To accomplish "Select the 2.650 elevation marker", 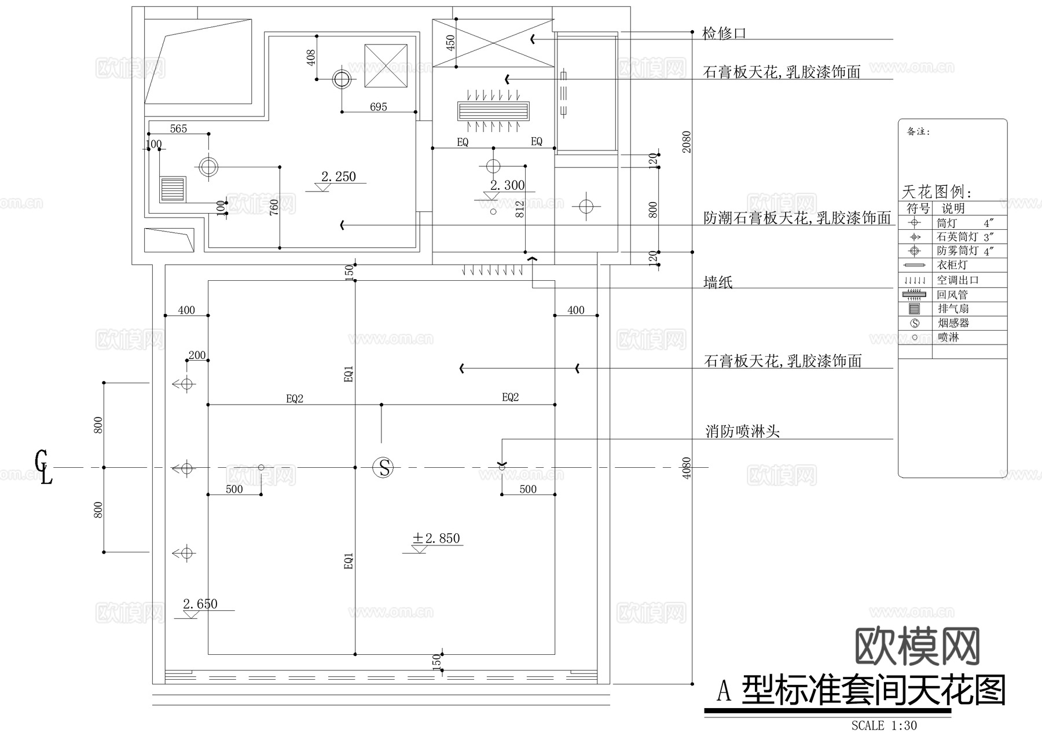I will click(200, 604).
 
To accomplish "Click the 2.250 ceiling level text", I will click(338, 177).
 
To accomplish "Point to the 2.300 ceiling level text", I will click(507, 185).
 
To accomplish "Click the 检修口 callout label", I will click(724, 34).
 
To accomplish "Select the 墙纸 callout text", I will click(718, 283).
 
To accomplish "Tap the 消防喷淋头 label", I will click(742, 431).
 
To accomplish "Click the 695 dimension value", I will click(378, 107).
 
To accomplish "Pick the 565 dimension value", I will click(178, 129).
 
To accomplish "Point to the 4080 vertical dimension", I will click(687, 468).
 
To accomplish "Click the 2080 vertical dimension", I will click(687, 142).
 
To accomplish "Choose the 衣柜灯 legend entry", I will click(952, 265).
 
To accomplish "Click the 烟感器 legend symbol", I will click(915, 323).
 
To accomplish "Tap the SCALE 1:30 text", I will click(884, 725).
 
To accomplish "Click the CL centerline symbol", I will click(44, 467).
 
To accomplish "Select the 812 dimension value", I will click(520, 208).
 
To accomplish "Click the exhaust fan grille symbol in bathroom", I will click(173, 189).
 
